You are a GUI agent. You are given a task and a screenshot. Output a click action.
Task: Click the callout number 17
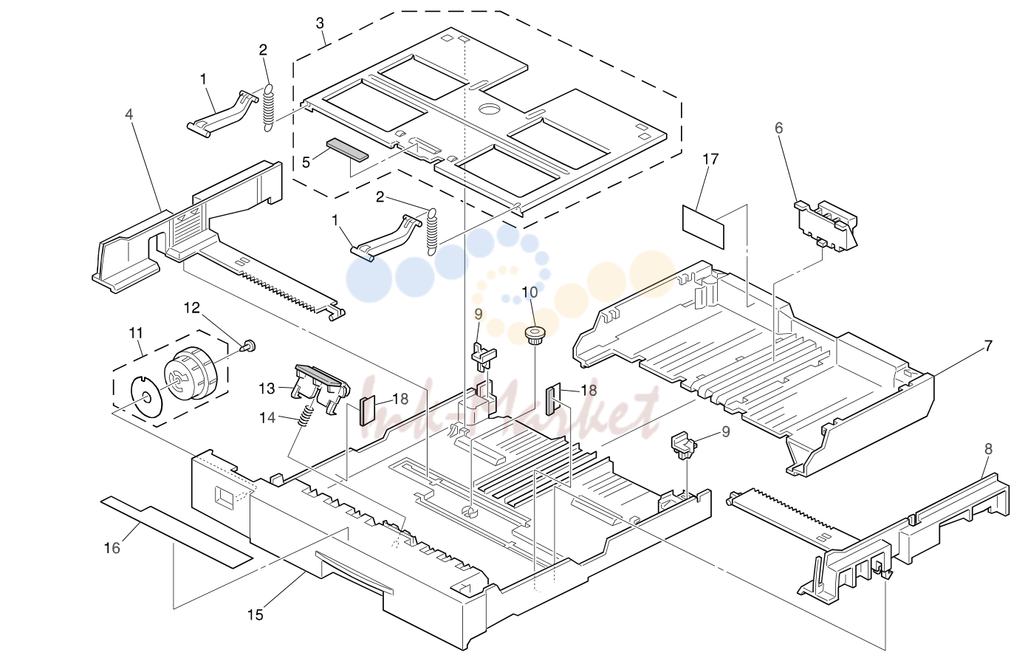[710, 160]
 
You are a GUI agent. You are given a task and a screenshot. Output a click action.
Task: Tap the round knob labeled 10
[534, 335]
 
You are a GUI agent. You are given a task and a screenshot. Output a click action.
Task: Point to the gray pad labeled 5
[347, 150]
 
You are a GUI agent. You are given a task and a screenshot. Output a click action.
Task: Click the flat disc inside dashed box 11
[145, 397]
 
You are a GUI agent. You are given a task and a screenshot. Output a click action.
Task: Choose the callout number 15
[256, 614]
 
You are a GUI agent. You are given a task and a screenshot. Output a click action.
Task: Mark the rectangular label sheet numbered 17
[703, 227]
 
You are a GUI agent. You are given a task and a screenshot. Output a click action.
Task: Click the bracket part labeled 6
[826, 225]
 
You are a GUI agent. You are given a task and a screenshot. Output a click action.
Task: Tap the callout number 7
[988, 346]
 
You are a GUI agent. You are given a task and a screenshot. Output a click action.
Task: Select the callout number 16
[112, 547]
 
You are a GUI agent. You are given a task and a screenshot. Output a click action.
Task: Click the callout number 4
[129, 114]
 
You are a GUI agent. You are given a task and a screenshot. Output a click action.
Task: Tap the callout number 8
[988, 449]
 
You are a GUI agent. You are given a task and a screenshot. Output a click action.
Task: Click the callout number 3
[320, 23]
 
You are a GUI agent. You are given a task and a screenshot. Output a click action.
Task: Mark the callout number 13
[267, 388]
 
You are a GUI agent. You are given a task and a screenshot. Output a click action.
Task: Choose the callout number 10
[530, 292]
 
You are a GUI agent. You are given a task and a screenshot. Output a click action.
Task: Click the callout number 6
[779, 128]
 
